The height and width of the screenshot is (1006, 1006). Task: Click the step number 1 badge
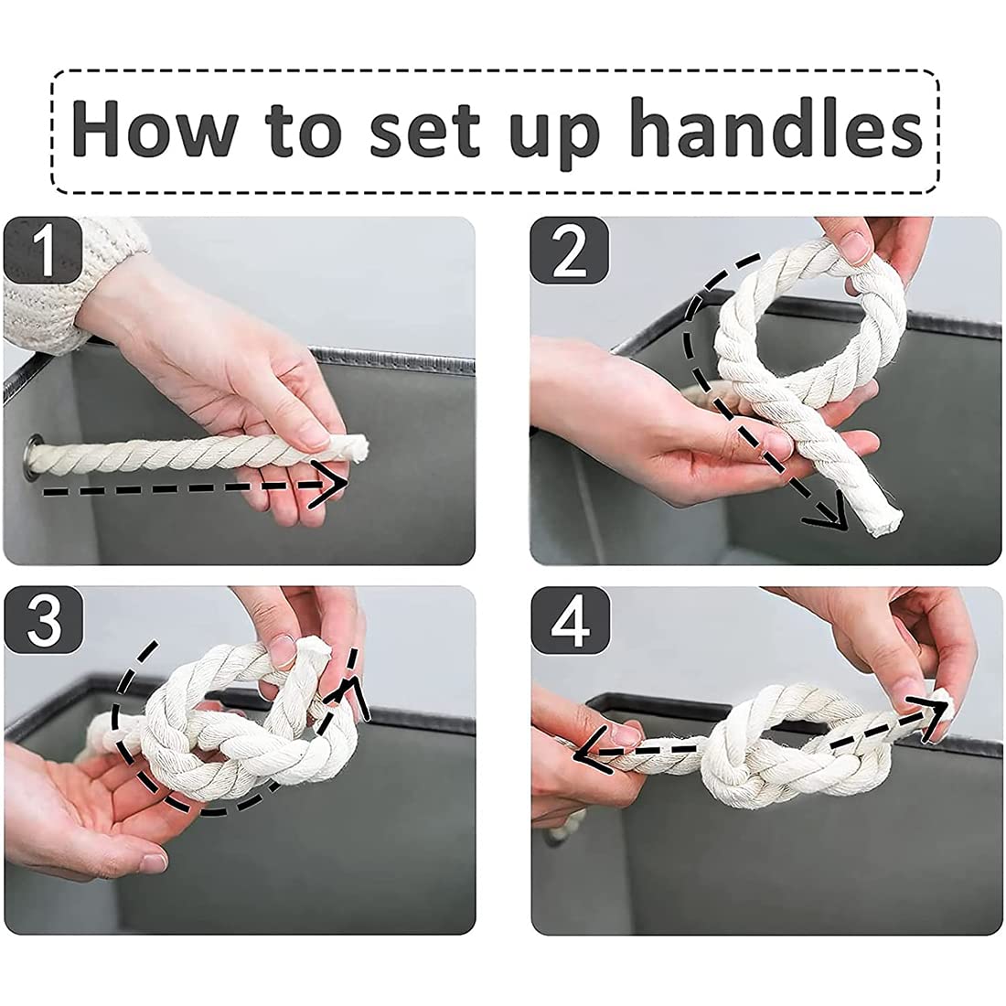[43, 250]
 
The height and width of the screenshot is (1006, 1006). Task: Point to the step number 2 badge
[569, 251]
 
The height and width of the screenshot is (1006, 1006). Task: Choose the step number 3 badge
[44, 619]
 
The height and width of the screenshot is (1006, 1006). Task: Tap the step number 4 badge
[570, 620]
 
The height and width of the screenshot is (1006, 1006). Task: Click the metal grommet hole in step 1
[32, 455]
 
